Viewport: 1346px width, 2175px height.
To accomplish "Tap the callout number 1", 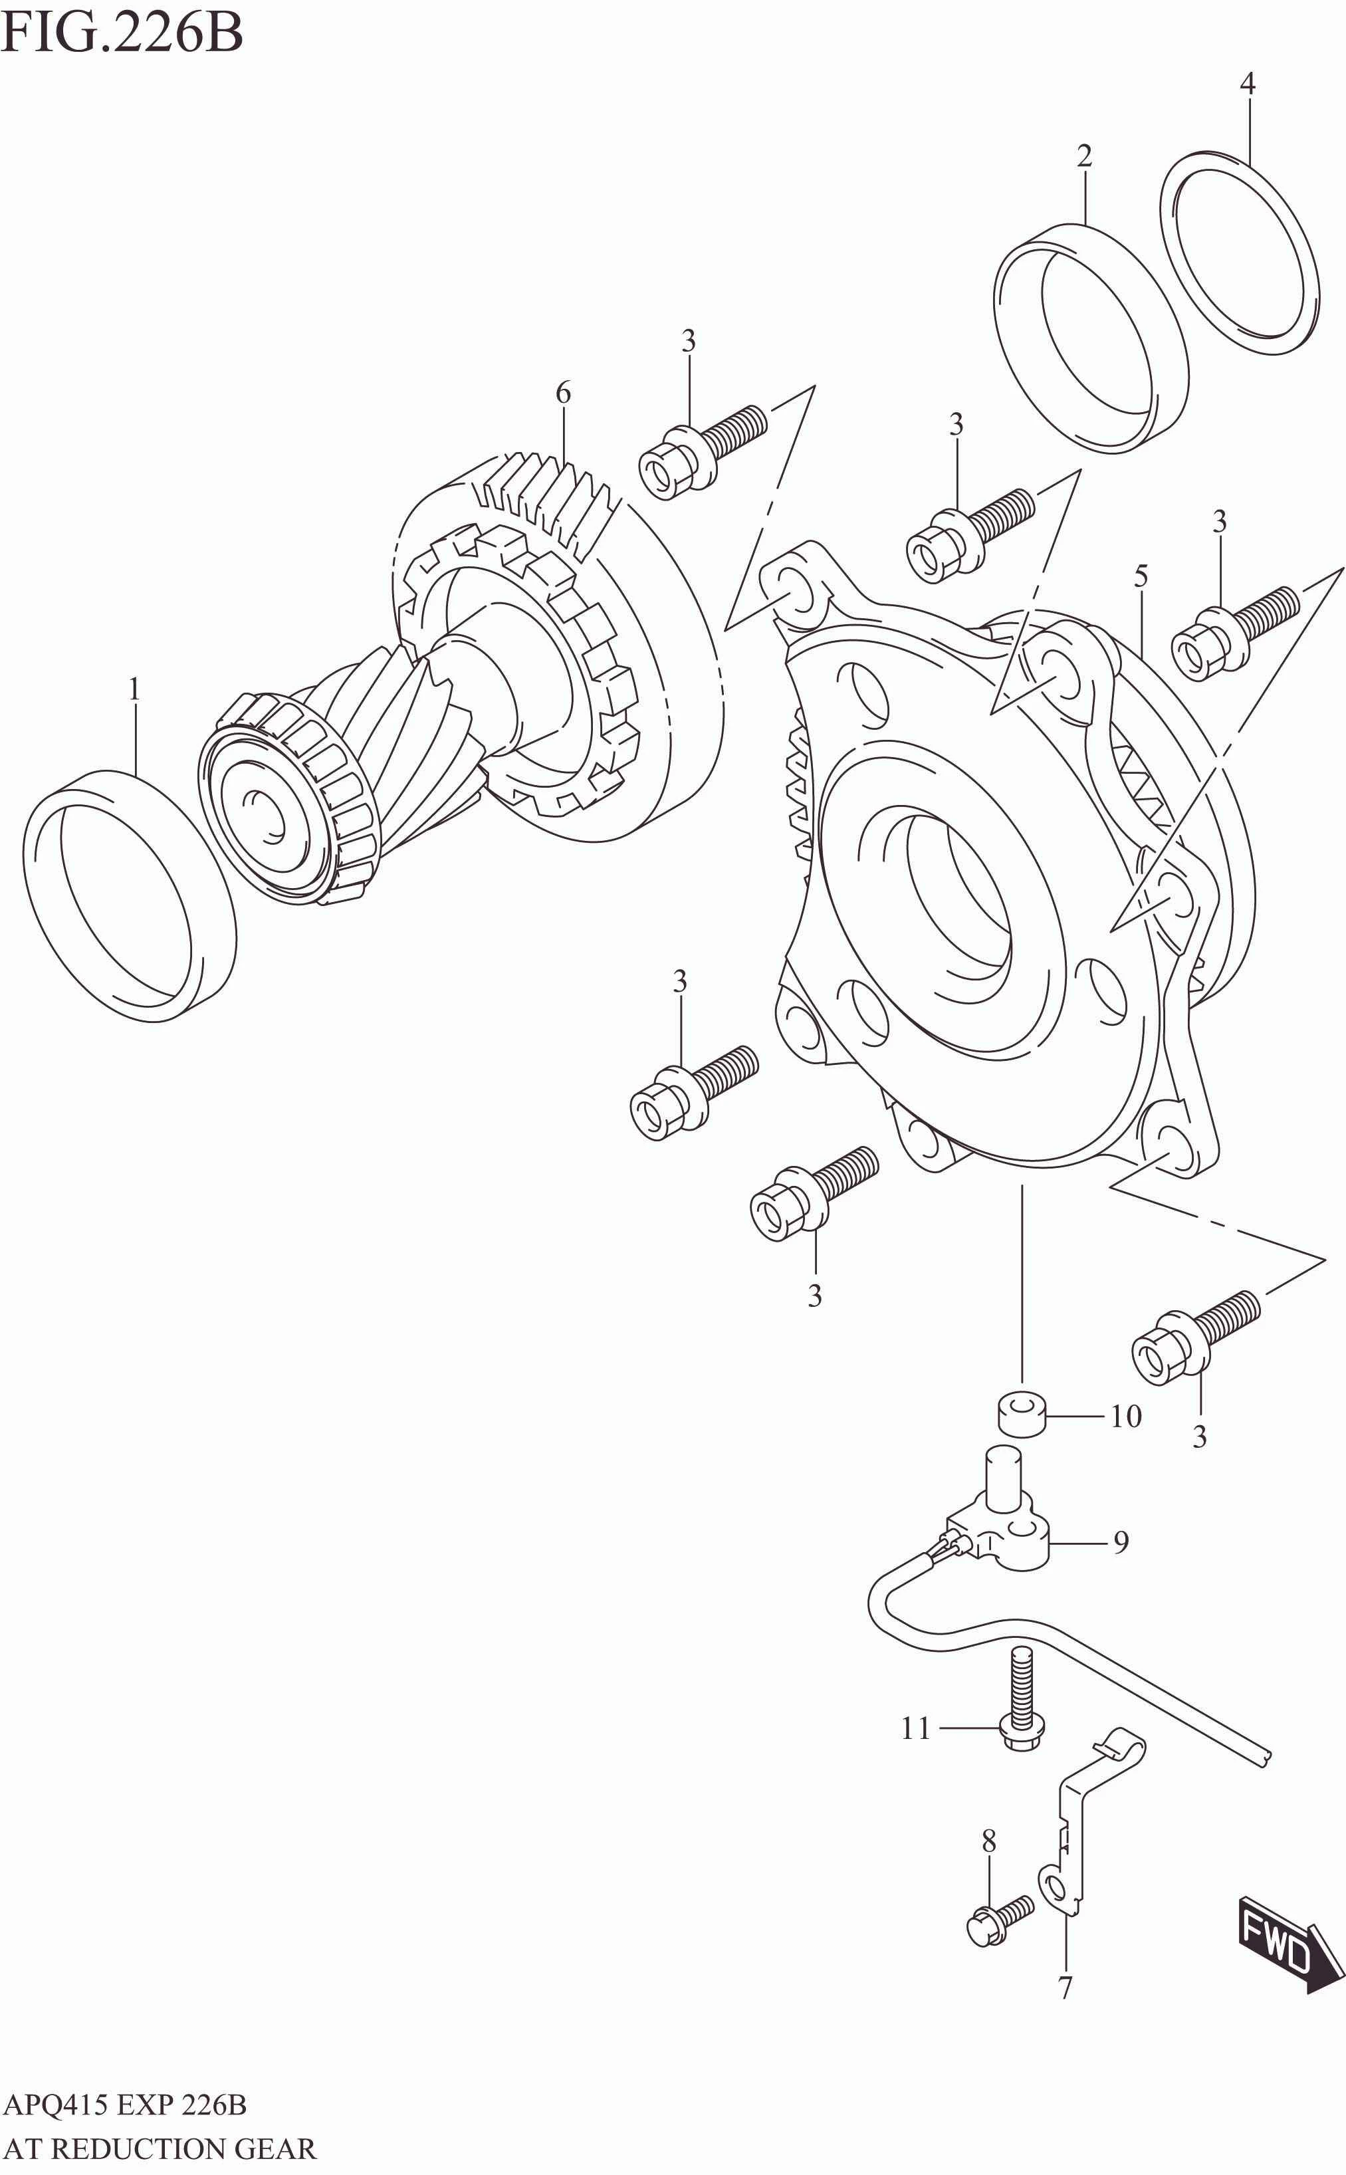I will point(134,690).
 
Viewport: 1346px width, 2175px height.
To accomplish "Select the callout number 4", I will point(1247,84).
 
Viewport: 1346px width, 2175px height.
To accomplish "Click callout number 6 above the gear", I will point(564,393).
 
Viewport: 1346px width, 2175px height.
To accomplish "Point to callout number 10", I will point(1125,1417).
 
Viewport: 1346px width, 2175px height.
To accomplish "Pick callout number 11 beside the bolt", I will point(915,1728).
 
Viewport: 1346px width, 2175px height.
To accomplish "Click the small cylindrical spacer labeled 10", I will point(1021,1415).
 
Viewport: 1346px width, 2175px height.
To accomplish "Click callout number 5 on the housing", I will point(1141,576).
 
